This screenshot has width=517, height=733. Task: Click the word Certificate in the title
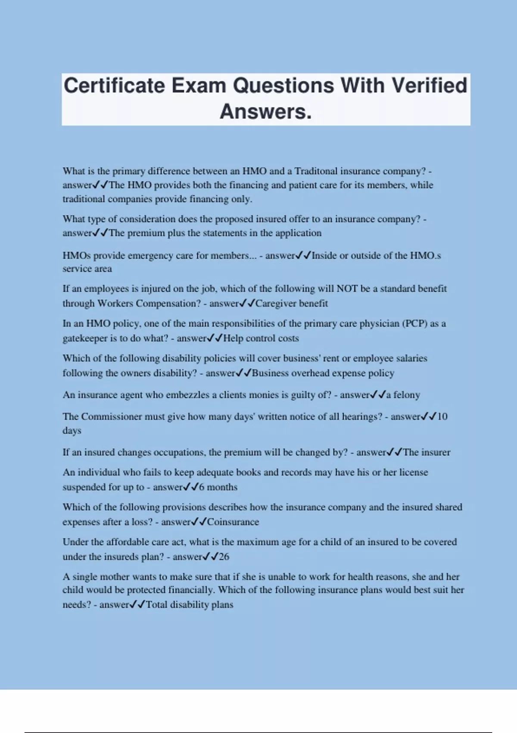pos(114,85)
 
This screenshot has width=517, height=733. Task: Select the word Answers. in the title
pos(265,112)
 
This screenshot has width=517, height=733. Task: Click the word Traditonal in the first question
pos(316,171)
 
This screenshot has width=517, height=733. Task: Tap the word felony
pos(406,395)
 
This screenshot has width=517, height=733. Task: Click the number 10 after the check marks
pos(442,417)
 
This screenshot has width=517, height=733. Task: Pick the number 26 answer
pos(224,557)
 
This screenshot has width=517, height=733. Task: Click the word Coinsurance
pos(233,522)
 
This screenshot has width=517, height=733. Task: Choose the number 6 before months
pos(202,487)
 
